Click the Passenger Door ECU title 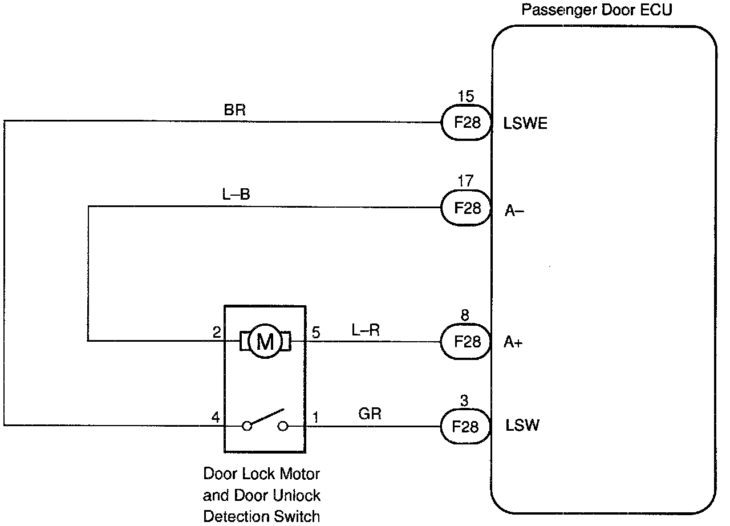[597, 10]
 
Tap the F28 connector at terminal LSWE [467, 123]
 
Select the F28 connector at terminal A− [467, 208]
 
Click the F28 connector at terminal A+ [466, 342]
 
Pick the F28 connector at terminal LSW [465, 426]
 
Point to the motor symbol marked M [265, 341]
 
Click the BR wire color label [234, 110]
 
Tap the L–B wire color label [236, 194]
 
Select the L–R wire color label [366, 330]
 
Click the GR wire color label [370, 414]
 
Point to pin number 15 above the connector [466, 96]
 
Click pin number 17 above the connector [465, 180]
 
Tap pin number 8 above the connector [465, 315]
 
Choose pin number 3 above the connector [464, 400]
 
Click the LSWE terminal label [525, 124]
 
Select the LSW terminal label [522, 425]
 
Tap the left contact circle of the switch [247, 426]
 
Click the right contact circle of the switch [283, 426]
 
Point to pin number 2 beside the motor [217, 333]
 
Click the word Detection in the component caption [237, 516]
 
